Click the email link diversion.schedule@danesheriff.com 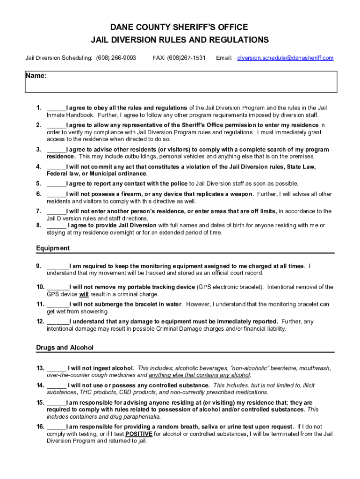[285, 58]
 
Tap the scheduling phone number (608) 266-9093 [116, 58]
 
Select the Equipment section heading [53, 248]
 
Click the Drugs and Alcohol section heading [65, 348]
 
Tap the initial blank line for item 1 [56, 108]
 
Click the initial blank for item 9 [58, 266]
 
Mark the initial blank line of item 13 [57, 368]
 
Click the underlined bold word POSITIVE [139, 434]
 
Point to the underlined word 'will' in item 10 [84, 295]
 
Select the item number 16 [40, 427]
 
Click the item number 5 [38, 183]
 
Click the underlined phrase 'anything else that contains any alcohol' [200, 375]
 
